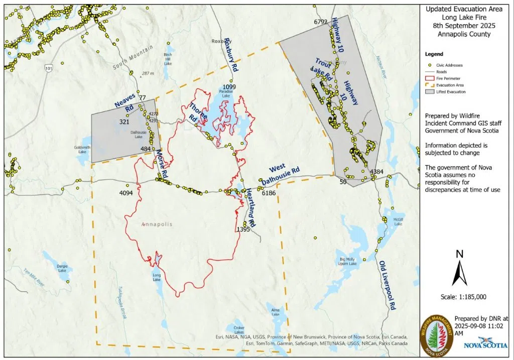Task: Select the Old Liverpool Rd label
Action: (388, 285)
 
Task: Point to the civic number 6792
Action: (320, 22)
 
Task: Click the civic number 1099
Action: (229, 87)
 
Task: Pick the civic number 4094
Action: (126, 193)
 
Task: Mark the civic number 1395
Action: (243, 229)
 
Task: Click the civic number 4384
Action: (377, 172)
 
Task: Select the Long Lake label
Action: (157, 276)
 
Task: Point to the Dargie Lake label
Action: (62, 268)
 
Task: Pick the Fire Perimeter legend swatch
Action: (429, 78)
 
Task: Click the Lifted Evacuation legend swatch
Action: (429, 92)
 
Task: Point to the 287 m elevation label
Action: (148, 73)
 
